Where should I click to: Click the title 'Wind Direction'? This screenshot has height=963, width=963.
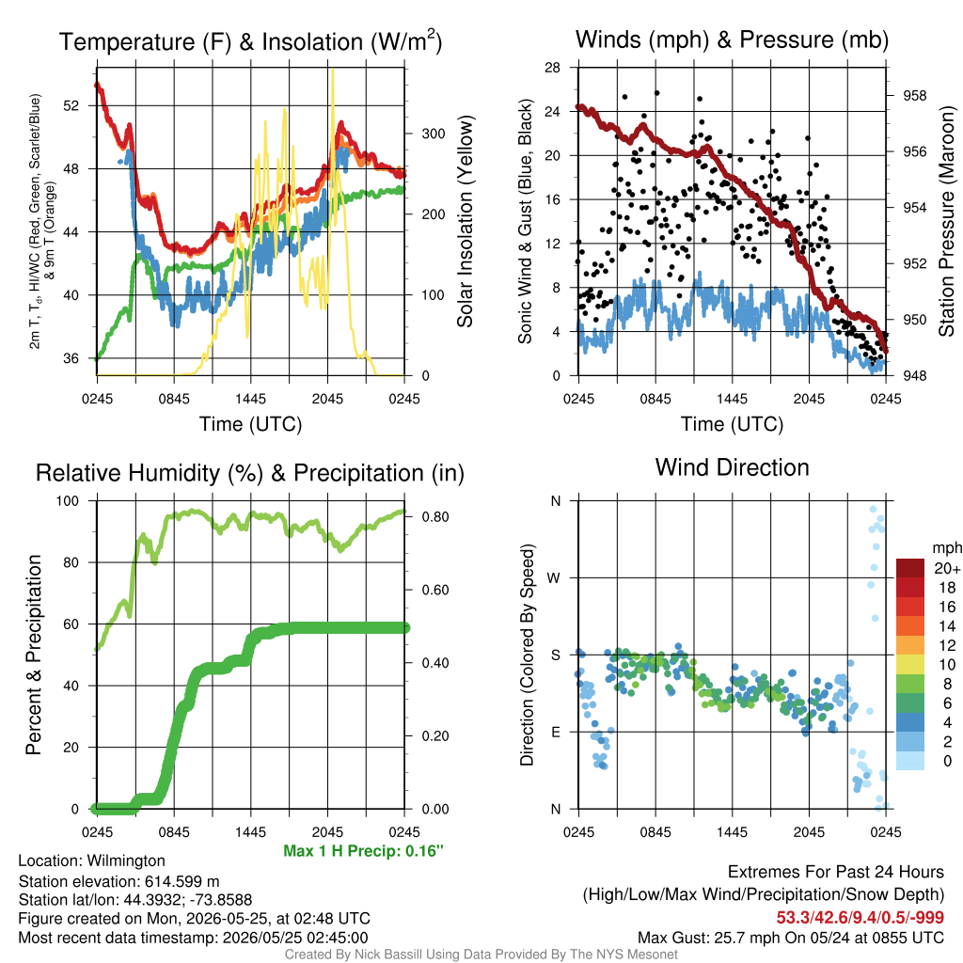(x=732, y=468)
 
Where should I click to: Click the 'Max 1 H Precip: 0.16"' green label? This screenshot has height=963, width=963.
(x=364, y=851)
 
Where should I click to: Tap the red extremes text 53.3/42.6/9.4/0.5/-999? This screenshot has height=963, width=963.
(x=860, y=918)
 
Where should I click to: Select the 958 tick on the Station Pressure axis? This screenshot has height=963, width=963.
(x=914, y=96)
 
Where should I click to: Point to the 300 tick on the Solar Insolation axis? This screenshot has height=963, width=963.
(x=433, y=134)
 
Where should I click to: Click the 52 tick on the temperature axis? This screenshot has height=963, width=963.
(x=71, y=105)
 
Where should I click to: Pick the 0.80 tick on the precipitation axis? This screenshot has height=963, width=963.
(x=435, y=517)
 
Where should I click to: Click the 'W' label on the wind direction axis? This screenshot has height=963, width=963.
(x=554, y=578)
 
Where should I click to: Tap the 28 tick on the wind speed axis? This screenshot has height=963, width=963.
(x=552, y=68)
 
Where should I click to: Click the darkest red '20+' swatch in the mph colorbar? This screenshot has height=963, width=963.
(x=910, y=568)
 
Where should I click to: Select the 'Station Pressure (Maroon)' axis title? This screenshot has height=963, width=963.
(x=946, y=221)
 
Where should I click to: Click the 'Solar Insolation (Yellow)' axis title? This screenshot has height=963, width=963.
(x=465, y=221)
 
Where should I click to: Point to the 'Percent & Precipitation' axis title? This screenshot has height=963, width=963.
(x=33, y=655)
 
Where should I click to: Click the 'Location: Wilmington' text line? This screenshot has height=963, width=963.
(x=91, y=861)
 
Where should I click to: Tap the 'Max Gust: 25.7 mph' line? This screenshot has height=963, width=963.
(x=790, y=938)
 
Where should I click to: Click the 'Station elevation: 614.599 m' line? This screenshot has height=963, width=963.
(x=119, y=882)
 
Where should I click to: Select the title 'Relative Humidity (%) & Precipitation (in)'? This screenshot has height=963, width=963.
(x=250, y=474)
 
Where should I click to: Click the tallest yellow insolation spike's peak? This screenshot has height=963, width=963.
(x=333, y=70)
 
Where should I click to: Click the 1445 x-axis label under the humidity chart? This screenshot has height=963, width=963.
(x=250, y=833)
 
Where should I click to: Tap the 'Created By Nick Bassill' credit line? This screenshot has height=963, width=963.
(x=481, y=955)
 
